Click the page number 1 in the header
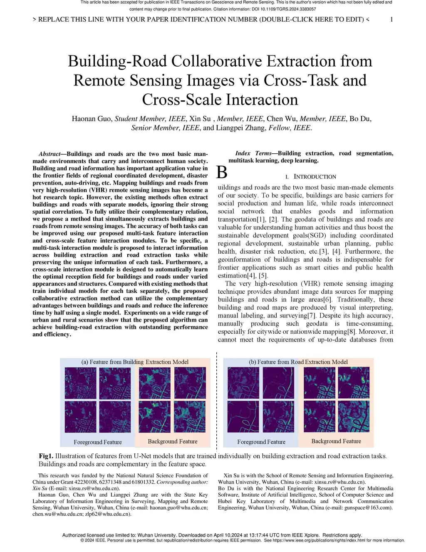[391, 19]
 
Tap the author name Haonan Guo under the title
[91, 119]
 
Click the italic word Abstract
[49, 154]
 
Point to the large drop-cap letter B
[222, 172]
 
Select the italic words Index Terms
[253, 153]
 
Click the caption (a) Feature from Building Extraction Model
[135, 362]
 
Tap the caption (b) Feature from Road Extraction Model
[298, 362]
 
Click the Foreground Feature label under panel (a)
[98, 442]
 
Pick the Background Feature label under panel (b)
[336, 441]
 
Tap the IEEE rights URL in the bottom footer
[324, 540]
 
